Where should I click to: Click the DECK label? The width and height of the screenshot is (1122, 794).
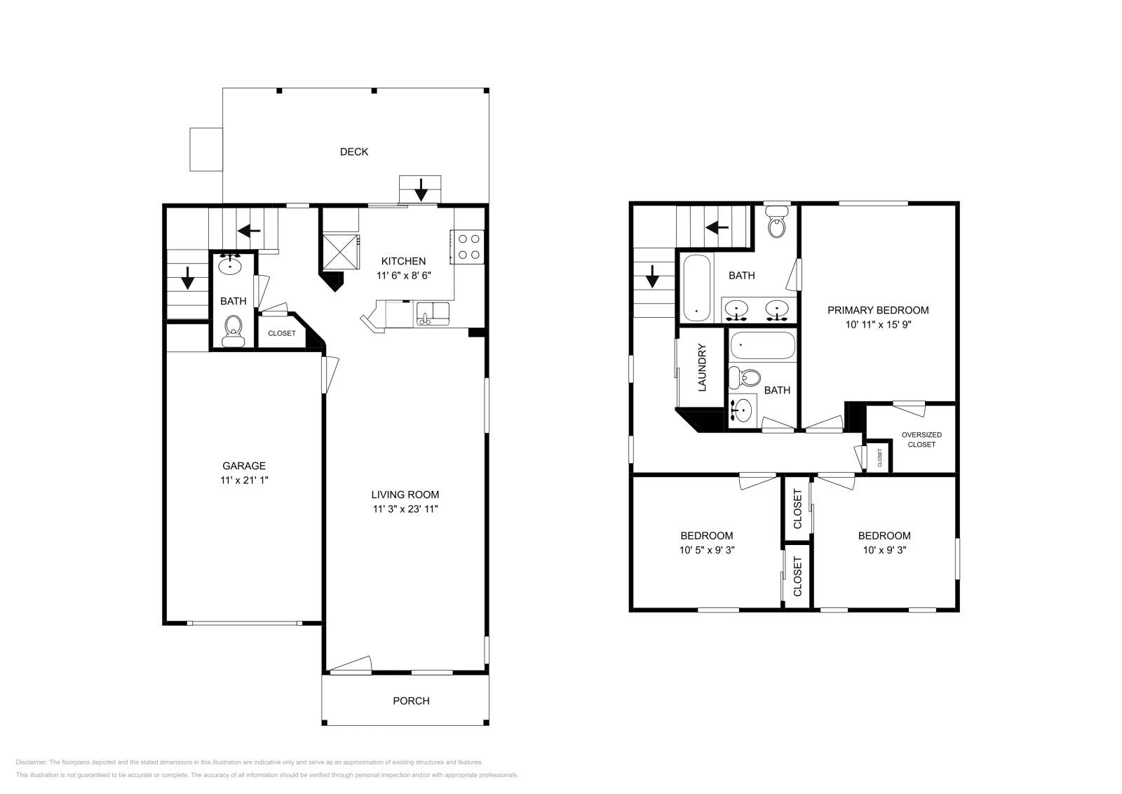click(353, 152)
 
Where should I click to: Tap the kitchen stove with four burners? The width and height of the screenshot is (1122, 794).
click(468, 247)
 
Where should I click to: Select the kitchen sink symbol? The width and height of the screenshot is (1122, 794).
click(433, 312)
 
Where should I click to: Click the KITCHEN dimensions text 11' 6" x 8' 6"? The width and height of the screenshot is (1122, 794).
click(403, 276)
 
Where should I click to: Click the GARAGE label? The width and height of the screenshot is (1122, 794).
click(243, 466)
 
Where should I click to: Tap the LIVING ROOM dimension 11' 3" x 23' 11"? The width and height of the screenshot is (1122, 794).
click(405, 509)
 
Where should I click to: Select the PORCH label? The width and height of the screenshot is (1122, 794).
click(411, 701)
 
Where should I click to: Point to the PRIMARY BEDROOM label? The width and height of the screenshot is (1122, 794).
click(878, 310)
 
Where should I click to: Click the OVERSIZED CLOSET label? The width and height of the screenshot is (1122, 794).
click(921, 439)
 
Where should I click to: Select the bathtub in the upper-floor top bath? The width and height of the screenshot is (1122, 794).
click(695, 288)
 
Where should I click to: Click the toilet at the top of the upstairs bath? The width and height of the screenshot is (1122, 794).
click(776, 223)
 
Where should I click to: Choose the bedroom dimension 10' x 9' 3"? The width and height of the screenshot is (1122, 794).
click(884, 551)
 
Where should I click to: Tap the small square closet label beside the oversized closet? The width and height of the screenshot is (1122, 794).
click(879, 458)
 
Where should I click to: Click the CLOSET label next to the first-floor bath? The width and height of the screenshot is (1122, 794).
click(282, 333)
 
